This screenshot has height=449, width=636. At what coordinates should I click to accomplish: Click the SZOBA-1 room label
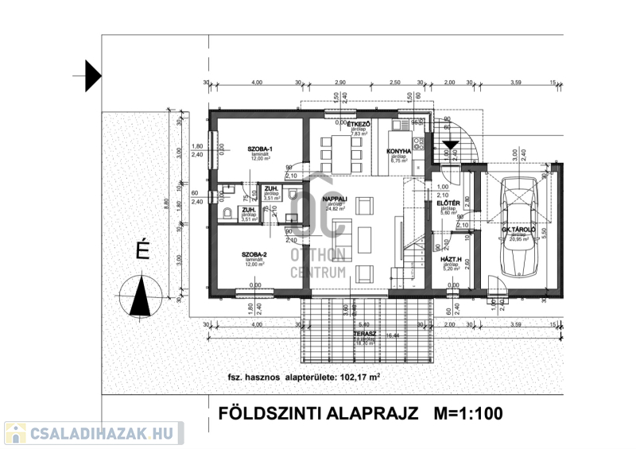(260, 149)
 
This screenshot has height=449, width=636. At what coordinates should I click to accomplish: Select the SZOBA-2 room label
(254, 254)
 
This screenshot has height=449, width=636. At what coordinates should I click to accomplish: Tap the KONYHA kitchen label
(398, 151)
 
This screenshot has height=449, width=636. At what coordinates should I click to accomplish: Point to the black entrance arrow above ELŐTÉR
(450, 145)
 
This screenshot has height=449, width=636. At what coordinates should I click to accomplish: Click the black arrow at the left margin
(92, 75)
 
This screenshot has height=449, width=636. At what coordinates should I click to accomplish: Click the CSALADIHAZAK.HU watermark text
(101, 433)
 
